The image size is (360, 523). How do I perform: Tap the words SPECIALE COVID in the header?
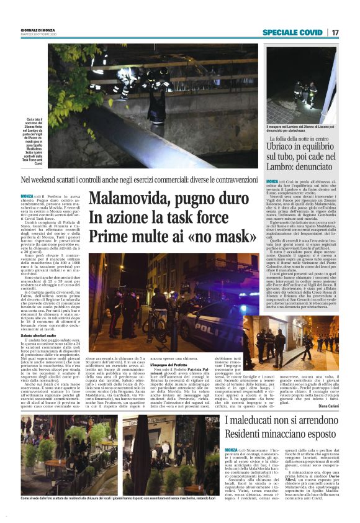(x=292, y=32)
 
